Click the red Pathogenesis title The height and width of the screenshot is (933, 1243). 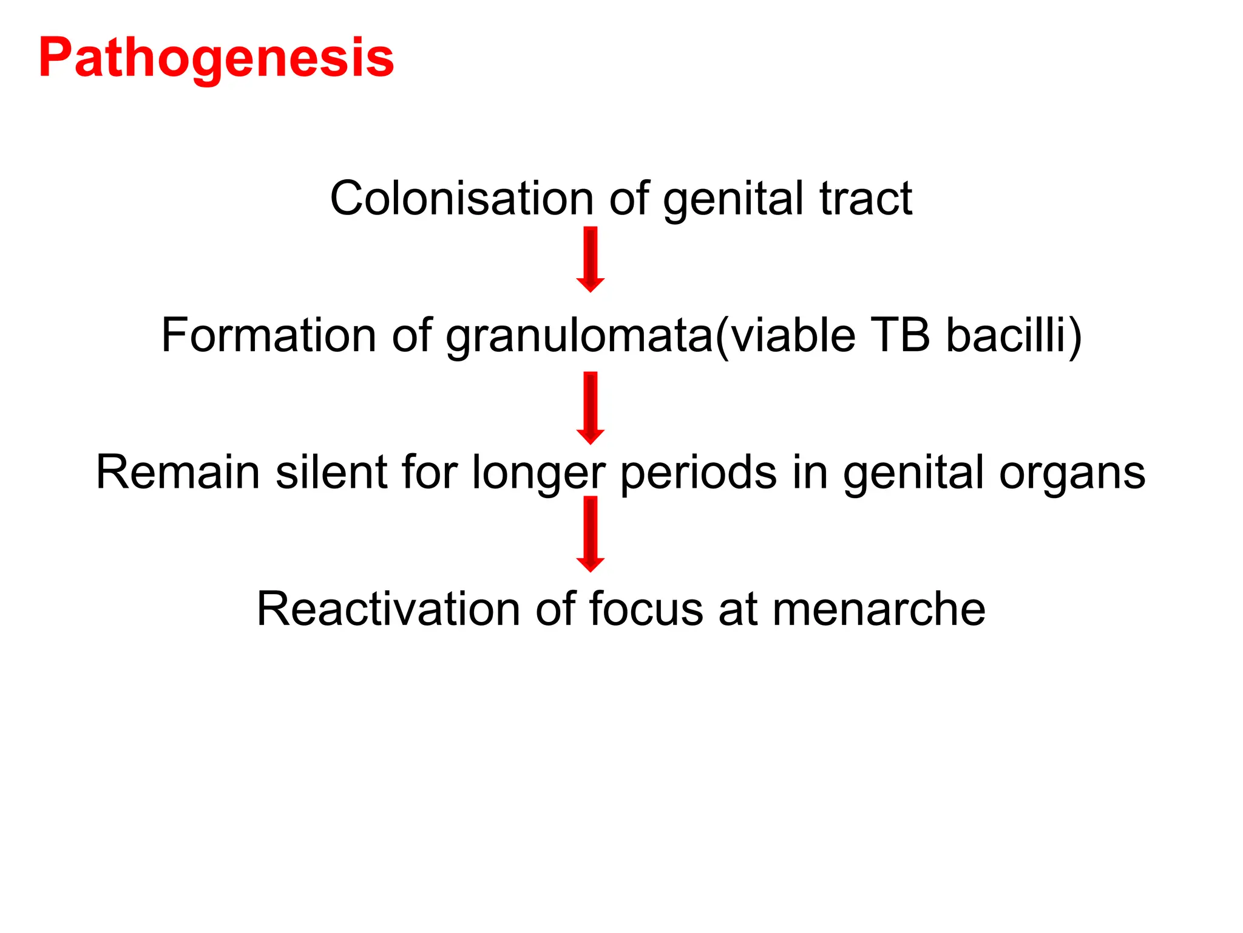[x=216, y=59]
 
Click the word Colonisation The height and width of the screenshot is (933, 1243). [x=461, y=199]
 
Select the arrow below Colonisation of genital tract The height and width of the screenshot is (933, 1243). [x=590, y=259]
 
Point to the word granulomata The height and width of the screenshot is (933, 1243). [x=580, y=337]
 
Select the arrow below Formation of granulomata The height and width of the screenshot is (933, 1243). [x=590, y=408]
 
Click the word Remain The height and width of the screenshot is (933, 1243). [x=178, y=472]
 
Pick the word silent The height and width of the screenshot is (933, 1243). [x=331, y=472]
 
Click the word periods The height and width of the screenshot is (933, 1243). [x=698, y=473]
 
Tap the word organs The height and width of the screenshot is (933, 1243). [x=1072, y=473]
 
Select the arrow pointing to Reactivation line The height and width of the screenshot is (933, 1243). [x=590, y=534]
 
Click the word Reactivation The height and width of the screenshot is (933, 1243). [x=388, y=609]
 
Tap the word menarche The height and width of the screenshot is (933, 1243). [x=879, y=609]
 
